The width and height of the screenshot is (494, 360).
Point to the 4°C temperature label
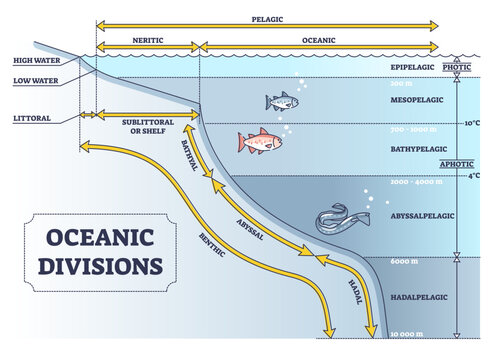click(475, 176)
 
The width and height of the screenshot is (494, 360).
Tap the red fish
click(255, 141)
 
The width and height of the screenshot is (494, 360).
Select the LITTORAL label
click(33, 117)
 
